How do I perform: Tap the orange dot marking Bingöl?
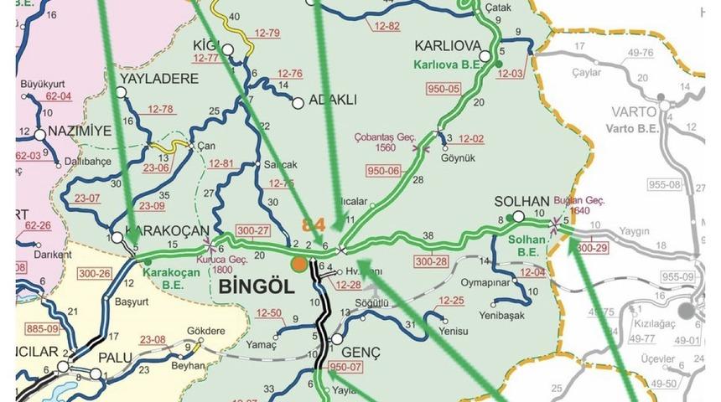[298, 265]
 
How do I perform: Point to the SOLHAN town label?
[521, 202]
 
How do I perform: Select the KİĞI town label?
[205, 44]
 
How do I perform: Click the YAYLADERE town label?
[159, 79]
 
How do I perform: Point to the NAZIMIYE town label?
[80, 131]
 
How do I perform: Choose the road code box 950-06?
[384, 171]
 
